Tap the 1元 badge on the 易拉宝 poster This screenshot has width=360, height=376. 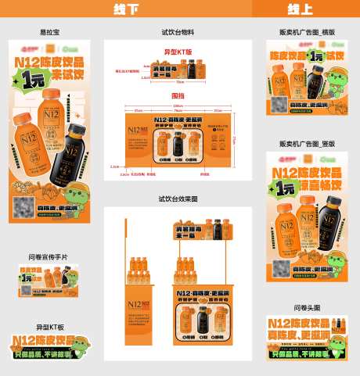[33, 79]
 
